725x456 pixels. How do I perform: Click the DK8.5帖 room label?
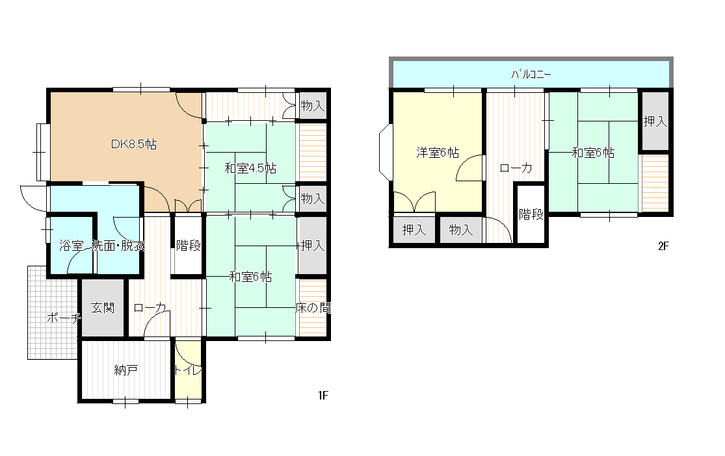click(x=134, y=144)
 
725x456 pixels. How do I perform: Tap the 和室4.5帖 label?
click(x=250, y=168)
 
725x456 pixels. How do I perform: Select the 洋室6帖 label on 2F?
click(x=438, y=153)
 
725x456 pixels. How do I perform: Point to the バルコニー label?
click(x=531, y=74)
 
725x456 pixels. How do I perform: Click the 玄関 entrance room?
click(x=103, y=308)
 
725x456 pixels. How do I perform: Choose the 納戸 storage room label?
click(x=125, y=370)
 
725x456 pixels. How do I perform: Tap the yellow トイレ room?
click(x=188, y=369)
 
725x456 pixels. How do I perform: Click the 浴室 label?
click(x=72, y=246)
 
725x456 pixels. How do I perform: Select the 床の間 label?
click(x=313, y=308)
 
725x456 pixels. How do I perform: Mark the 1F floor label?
click(x=323, y=395)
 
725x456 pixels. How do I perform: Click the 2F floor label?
click(x=663, y=246)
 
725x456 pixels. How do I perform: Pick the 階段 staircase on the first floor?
click(x=188, y=246)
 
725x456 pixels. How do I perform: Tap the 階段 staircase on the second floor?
click(x=531, y=214)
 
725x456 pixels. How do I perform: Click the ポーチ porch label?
click(x=64, y=318)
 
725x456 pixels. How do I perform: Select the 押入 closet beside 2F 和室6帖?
click(x=655, y=121)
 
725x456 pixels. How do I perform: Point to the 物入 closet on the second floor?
click(x=460, y=229)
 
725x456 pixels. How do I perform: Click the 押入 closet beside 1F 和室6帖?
click(x=313, y=246)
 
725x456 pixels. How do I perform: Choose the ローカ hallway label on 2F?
click(x=516, y=168)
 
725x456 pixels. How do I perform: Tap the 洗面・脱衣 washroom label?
click(x=118, y=246)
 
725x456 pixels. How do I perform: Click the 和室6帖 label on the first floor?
click(x=250, y=277)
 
